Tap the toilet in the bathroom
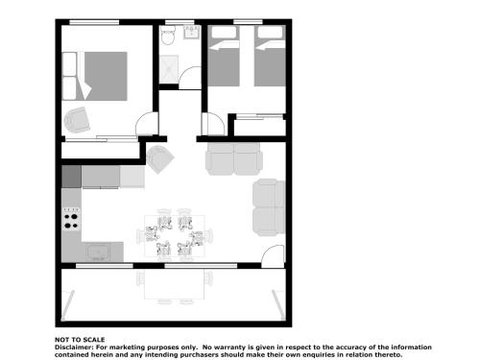tap(171, 37)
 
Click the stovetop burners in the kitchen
tap(71, 216)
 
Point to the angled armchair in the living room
tap(160, 158)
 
